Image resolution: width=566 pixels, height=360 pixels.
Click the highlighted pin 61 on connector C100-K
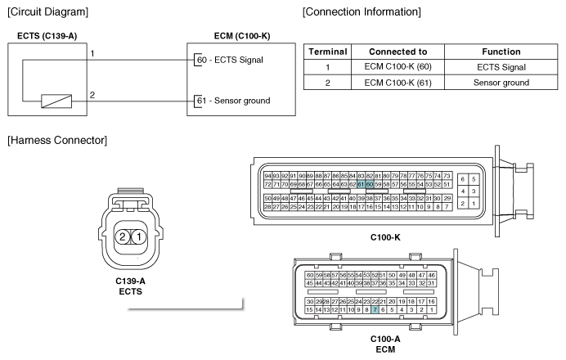point(361,185)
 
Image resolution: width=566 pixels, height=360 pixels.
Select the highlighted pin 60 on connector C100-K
point(370,185)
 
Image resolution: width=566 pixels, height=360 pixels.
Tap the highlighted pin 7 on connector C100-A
point(375,310)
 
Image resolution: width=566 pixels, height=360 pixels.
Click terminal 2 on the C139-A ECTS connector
point(122,236)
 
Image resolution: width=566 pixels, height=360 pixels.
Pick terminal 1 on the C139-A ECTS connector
point(140,236)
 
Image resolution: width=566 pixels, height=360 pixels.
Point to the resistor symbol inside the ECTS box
point(55,101)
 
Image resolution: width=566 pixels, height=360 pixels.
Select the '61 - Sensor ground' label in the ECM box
point(234,101)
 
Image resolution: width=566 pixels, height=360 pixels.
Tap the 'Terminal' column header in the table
point(327,52)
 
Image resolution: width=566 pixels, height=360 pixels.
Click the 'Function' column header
point(501,52)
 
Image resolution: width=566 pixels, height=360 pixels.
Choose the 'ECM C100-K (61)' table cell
point(398,83)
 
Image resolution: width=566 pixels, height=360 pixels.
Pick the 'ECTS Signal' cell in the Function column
point(501,67)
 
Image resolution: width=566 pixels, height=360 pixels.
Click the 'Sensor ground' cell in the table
point(501,83)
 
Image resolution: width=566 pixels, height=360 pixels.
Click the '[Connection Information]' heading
point(362,12)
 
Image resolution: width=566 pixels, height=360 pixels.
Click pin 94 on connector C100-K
point(268,176)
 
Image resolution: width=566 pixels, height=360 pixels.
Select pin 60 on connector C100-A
point(309,275)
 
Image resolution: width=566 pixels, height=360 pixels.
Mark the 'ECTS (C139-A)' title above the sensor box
point(53,37)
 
